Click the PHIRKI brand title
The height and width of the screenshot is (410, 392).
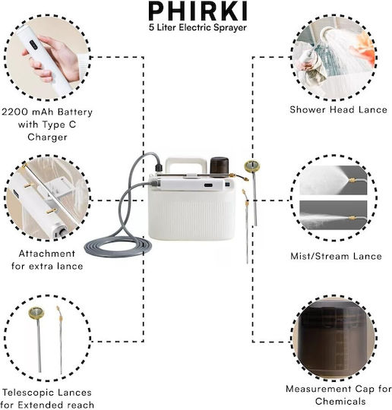(x=198, y=11)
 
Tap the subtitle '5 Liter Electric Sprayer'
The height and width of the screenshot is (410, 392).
(x=198, y=27)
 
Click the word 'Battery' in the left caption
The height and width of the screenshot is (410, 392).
(x=75, y=112)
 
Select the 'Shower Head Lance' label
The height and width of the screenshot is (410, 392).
(x=338, y=109)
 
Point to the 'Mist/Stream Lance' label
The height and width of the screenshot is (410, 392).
(x=337, y=257)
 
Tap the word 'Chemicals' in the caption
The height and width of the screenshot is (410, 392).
(x=340, y=402)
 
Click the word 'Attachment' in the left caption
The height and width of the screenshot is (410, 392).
(x=47, y=254)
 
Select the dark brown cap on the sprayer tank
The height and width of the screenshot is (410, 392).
(x=220, y=166)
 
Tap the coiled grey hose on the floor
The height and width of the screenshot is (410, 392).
(x=118, y=246)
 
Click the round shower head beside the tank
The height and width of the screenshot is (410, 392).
(x=252, y=166)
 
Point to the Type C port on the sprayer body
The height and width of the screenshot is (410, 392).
(x=208, y=185)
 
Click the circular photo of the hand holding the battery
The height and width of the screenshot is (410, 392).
(x=47, y=58)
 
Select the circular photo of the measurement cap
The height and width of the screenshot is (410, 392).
(x=334, y=339)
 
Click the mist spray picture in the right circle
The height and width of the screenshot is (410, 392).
(x=333, y=180)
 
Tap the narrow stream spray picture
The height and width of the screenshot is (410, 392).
(x=333, y=215)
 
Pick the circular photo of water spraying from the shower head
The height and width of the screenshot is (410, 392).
(x=334, y=58)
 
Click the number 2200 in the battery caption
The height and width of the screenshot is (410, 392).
(x=14, y=112)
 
